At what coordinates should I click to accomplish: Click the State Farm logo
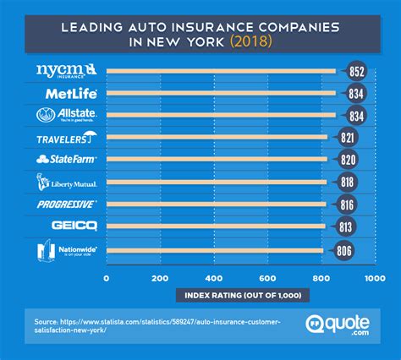(67, 159)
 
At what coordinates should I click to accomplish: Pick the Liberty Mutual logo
(67, 182)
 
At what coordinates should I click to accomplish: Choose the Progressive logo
(67, 204)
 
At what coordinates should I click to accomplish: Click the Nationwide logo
(66, 250)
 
